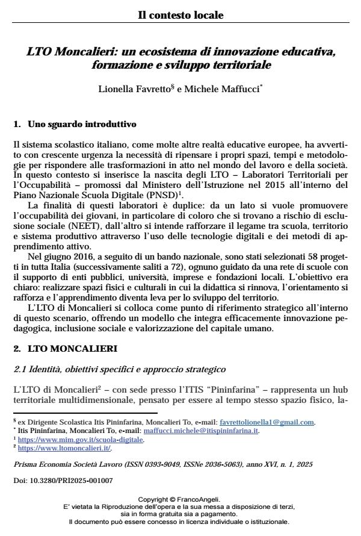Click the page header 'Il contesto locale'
click(180, 14)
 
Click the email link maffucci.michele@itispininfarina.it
click(208, 431)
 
